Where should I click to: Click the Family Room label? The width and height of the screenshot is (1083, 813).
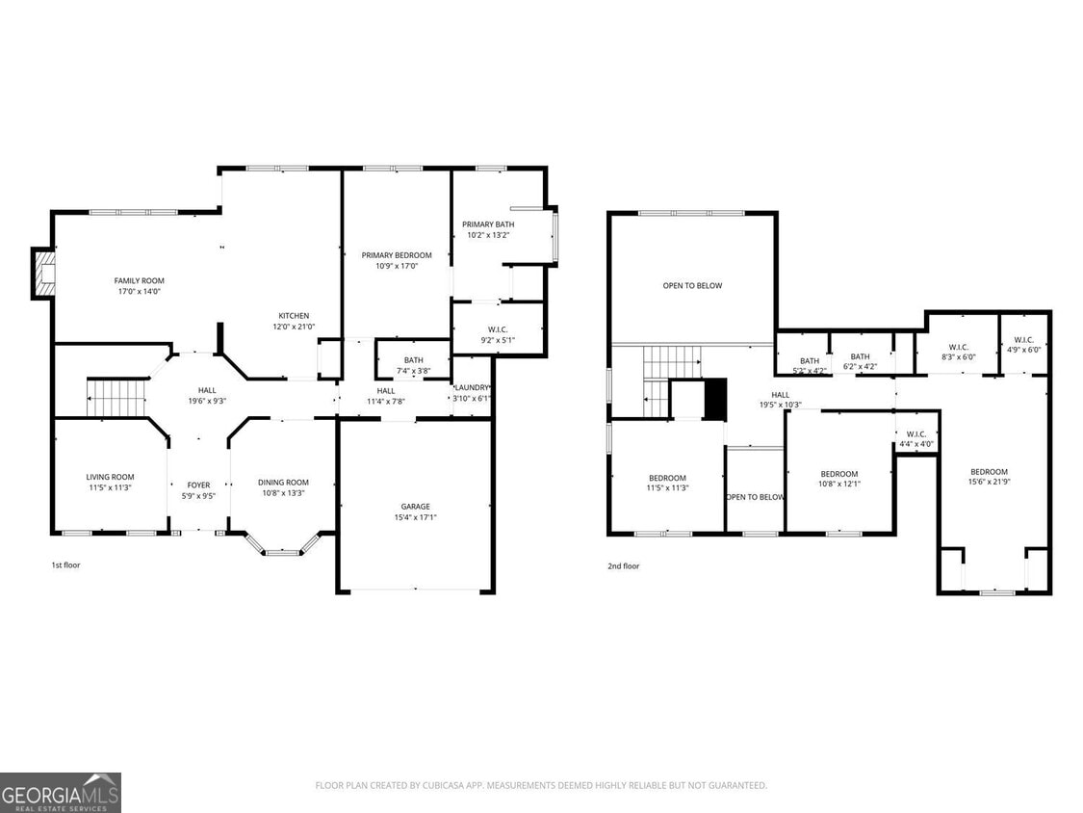click(x=139, y=280)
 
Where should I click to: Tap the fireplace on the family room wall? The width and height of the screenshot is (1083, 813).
click(x=44, y=274)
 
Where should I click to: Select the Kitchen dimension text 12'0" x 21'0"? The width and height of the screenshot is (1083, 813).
click(x=294, y=327)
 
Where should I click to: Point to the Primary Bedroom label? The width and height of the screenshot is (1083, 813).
click(x=397, y=255)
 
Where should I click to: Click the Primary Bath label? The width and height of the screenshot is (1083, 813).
click(x=487, y=223)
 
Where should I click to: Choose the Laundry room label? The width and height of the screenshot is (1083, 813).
click(x=472, y=387)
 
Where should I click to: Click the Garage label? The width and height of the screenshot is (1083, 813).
click(x=415, y=506)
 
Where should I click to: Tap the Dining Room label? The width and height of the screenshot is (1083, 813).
click(x=283, y=482)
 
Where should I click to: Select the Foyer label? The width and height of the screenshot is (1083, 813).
click(x=198, y=485)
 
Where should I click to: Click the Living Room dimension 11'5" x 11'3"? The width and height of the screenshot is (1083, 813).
click(x=110, y=487)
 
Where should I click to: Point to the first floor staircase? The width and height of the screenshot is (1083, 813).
click(x=116, y=397)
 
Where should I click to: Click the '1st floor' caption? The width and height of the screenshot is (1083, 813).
click(x=65, y=564)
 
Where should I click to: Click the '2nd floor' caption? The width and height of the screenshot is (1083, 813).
click(x=623, y=565)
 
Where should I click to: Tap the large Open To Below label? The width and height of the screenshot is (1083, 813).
click(x=691, y=285)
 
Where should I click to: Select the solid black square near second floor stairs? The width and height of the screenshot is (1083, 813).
click(x=715, y=400)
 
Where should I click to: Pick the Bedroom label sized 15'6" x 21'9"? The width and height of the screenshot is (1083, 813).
click(x=989, y=471)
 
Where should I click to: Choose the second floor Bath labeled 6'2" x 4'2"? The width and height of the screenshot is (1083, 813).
click(x=860, y=356)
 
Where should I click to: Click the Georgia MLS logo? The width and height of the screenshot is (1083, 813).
click(x=61, y=792)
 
